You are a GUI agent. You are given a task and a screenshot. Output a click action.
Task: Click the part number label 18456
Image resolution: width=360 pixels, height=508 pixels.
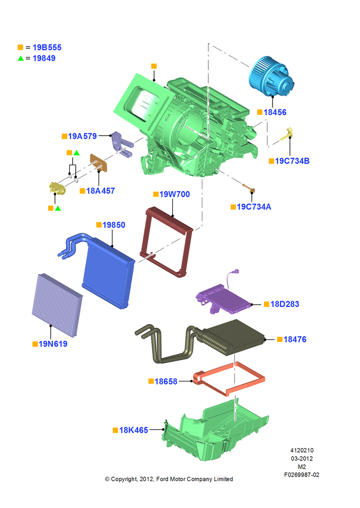(x=275, y=112)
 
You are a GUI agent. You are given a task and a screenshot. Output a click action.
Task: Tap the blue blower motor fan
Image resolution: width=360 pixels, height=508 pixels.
(x=271, y=77)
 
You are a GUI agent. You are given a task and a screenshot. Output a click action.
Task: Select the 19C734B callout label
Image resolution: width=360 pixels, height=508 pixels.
(x=292, y=161)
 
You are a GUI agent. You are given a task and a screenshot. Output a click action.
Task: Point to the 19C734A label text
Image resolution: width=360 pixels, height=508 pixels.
(x=254, y=207)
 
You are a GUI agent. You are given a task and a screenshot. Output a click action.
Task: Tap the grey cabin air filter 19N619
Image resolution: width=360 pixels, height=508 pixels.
(x=57, y=304)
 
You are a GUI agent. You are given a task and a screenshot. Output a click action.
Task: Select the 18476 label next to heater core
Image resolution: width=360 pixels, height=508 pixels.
(x=295, y=339)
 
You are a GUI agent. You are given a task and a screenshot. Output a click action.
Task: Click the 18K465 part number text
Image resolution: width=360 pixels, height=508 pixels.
(x=134, y=430)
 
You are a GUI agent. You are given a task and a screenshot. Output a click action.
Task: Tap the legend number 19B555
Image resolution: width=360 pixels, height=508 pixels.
(x=47, y=47)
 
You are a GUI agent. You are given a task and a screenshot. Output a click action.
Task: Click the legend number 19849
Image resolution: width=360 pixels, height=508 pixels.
(x=44, y=58)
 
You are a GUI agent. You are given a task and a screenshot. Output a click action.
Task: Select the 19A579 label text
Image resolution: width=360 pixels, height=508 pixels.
(x=82, y=136)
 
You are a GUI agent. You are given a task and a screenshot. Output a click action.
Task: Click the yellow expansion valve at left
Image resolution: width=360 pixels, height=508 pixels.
(x=57, y=188)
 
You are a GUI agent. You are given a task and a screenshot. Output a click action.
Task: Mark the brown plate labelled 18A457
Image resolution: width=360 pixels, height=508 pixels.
(x=99, y=163)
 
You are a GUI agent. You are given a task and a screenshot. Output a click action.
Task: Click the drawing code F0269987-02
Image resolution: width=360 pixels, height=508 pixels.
(x=302, y=474)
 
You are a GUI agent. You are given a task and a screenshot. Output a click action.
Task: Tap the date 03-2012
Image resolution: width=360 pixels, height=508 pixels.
(x=302, y=458)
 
